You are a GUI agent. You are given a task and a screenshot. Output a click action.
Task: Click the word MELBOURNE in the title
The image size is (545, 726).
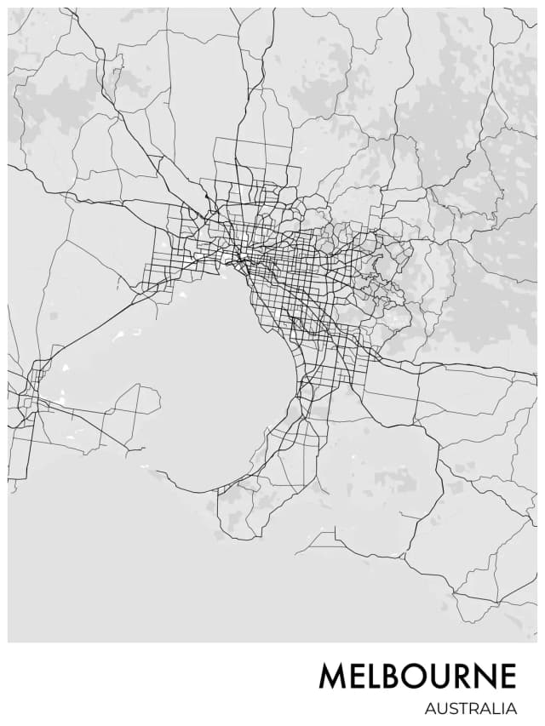click(417, 677)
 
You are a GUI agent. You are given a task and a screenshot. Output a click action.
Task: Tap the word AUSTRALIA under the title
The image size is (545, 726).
click(471, 708)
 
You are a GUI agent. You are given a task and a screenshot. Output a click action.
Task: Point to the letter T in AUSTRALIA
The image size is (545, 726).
click(460, 708)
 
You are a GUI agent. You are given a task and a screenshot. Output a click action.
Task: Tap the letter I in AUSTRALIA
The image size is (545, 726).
click(502, 708)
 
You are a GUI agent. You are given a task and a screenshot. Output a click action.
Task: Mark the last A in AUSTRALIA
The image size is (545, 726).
click(512, 708)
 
